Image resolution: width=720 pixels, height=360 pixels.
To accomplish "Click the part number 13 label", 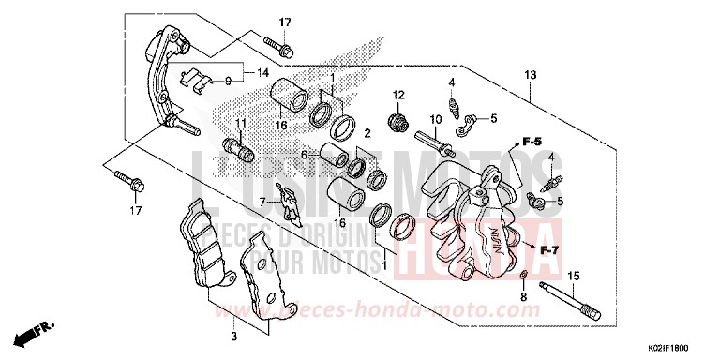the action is click(530, 75).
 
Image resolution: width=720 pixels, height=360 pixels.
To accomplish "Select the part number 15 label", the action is click(575, 275).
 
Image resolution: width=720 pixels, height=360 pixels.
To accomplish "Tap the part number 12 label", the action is click(397, 95).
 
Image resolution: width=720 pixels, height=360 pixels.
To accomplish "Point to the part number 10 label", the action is click(435, 120).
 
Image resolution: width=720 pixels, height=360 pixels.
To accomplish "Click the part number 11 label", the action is click(240, 123).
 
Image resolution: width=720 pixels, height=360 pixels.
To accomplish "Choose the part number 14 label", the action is click(263, 71).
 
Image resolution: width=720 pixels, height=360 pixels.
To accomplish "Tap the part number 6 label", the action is click(304, 156).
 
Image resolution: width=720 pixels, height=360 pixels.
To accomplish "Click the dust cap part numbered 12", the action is click(397, 120).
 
